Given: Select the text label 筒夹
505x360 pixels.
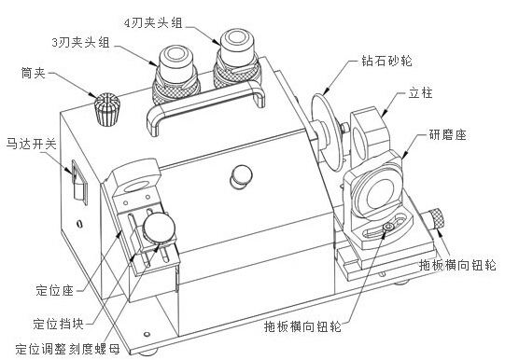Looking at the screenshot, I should [35, 71].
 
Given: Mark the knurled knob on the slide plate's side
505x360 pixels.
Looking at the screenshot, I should [434, 222].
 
